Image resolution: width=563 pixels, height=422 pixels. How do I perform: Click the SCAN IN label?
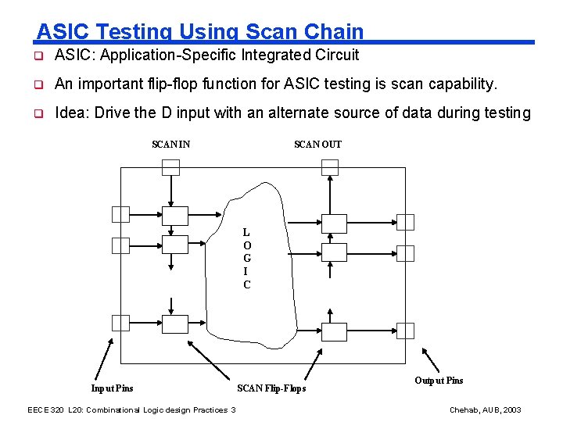(170, 145)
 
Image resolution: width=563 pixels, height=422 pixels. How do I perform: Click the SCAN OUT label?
(317, 145)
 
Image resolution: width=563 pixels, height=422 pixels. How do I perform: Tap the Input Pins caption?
(112, 388)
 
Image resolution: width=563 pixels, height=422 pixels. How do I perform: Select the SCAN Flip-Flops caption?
(271, 388)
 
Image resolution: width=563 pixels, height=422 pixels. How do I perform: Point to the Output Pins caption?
(439, 381)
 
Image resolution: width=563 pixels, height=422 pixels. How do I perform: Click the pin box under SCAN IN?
(170, 167)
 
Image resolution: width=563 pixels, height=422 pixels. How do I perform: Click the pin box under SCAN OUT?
(330, 167)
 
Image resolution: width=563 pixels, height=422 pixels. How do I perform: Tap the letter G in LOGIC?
(246, 258)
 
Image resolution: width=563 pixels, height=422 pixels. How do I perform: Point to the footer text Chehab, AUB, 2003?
(485, 410)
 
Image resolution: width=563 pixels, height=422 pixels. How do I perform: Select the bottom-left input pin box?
(120, 322)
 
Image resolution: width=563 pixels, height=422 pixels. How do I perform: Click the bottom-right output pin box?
(405, 330)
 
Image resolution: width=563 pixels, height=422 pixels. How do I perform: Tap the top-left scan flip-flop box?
(170, 215)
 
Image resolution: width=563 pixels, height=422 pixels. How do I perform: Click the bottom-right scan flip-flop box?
(334, 332)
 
